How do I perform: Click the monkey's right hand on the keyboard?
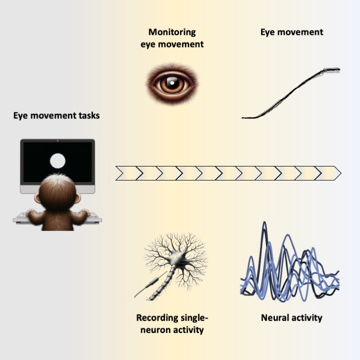(x=84, y=214)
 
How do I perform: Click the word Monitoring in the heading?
(x=172, y=32)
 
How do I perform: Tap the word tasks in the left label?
(x=87, y=115)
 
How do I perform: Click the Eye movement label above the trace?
(x=291, y=32)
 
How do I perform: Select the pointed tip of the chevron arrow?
(x=339, y=173)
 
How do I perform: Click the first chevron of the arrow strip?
(x=125, y=173)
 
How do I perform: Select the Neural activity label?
(x=291, y=317)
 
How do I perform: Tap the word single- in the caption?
(x=197, y=317)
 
